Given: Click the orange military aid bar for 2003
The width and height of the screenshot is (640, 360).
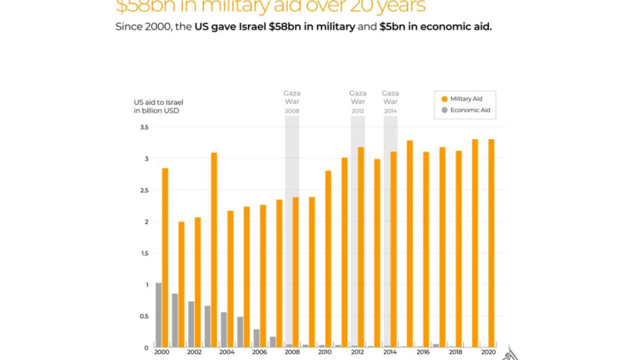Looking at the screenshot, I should (x=214, y=249).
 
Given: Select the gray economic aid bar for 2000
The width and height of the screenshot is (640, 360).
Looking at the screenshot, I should (x=158, y=314).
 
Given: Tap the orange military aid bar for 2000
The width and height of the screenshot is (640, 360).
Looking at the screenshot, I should (x=165, y=257).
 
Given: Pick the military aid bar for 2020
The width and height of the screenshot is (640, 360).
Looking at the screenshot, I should (x=491, y=243).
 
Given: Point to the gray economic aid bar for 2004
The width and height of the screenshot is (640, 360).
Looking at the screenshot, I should (x=223, y=329).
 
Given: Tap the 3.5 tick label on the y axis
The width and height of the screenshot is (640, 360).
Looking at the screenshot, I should (x=144, y=128).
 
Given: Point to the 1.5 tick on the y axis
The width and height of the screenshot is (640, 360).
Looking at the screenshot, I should (x=144, y=253).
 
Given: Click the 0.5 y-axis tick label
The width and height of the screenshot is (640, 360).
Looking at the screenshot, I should (x=144, y=316).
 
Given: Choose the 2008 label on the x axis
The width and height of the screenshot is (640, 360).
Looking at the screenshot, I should (x=292, y=353).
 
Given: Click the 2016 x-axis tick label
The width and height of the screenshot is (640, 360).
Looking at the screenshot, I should (x=423, y=353).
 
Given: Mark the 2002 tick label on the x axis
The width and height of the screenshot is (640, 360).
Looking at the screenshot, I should (x=194, y=353).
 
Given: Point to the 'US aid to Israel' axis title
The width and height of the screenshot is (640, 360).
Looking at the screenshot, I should (x=158, y=102).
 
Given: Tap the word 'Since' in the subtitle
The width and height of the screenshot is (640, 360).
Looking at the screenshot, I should (x=128, y=27).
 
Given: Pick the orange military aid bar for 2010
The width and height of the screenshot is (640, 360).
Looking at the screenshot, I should (x=328, y=258).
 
